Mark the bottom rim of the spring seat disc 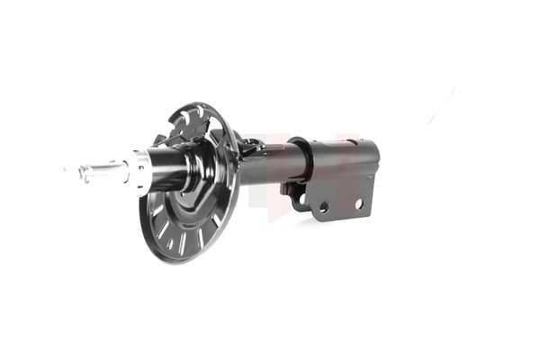(x=180, y=261)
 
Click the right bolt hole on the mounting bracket (x=357, y=204)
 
